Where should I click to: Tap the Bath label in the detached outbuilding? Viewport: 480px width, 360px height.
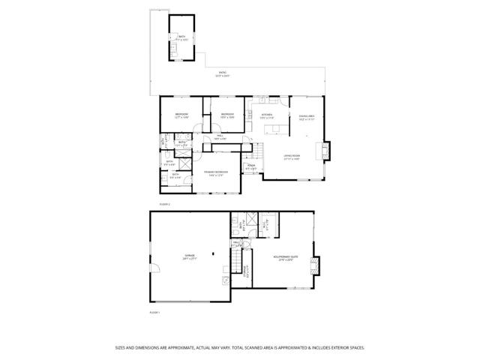[181, 38]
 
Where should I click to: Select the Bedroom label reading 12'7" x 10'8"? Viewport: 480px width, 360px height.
[181, 116]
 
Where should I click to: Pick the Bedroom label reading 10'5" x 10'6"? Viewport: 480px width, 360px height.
[227, 116]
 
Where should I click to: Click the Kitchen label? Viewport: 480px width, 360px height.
[267, 116]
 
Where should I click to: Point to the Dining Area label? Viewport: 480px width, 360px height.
[307, 118]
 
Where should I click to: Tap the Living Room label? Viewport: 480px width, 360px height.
[292, 157]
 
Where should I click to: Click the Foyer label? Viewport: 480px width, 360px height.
[253, 167]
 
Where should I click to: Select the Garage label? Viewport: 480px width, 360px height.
[190, 256]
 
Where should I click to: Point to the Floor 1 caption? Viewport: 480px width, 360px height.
[154, 312]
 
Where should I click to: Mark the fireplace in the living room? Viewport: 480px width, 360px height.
[324, 151]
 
